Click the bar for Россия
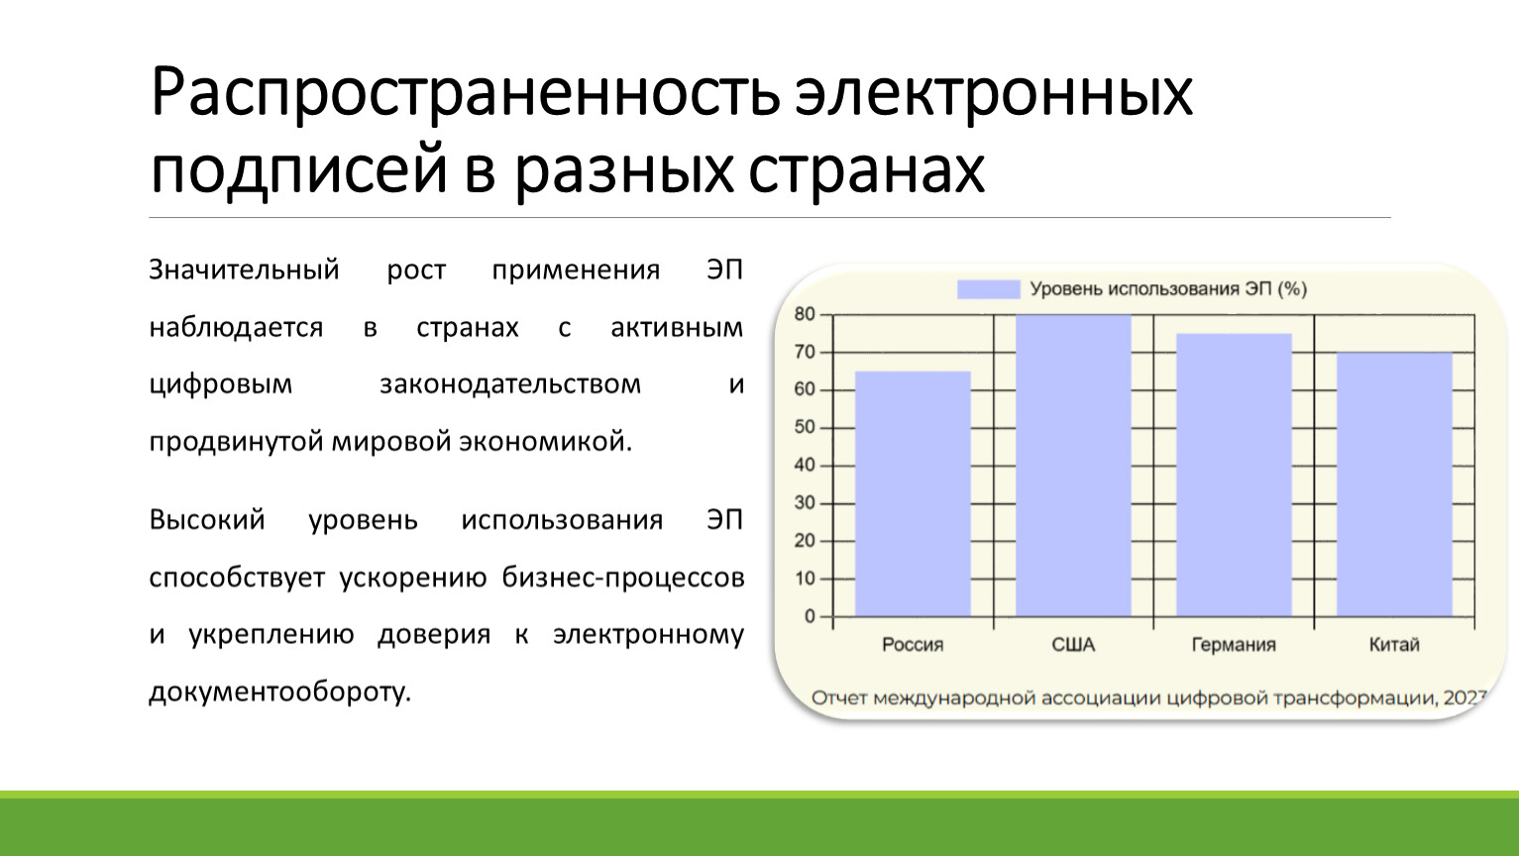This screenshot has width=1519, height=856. point(913,493)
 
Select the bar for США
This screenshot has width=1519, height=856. point(1073,466)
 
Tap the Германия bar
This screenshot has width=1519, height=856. point(1235,476)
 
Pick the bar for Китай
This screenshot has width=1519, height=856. point(1395,485)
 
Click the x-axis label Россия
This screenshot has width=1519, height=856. point(913,644)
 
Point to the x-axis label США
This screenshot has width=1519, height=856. point(1073,644)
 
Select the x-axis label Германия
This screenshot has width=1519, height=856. point(1235,644)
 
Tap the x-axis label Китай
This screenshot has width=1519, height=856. point(1394,644)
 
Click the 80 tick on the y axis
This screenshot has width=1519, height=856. point(805,315)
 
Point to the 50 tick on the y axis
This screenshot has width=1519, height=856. point(805,428)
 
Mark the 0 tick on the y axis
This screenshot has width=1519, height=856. point(810,616)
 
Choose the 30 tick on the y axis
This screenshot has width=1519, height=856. point(805,503)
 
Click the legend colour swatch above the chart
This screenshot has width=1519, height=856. point(989,289)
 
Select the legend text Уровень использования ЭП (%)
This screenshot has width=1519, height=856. point(1168,289)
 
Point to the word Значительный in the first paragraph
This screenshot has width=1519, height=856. point(244,269)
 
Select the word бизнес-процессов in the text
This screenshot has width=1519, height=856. point(623,578)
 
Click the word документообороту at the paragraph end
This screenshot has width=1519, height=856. point(280,693)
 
